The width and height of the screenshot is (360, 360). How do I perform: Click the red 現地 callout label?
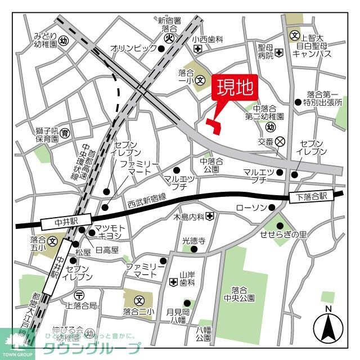[235, 88]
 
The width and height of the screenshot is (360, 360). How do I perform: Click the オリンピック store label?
[133, 48]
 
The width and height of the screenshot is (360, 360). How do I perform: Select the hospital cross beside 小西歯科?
[197, 49]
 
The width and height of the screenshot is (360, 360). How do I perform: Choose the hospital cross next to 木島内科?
[209, 216]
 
